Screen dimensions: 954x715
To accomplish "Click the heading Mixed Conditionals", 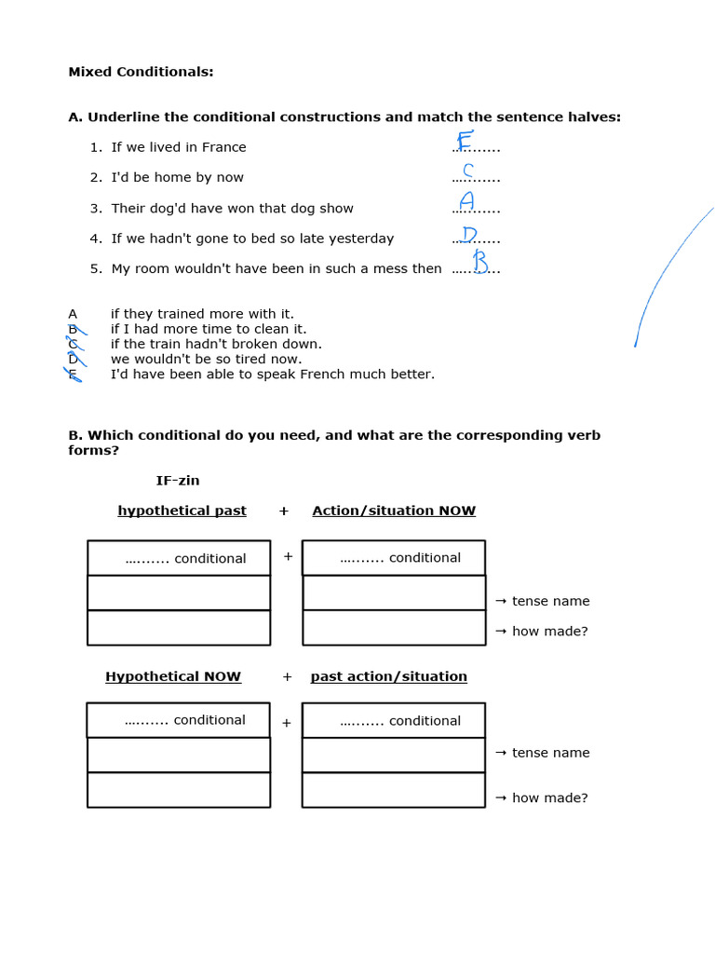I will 141,72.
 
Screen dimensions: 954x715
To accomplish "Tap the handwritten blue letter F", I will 465,141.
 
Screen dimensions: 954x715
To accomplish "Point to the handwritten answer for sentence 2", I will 468,170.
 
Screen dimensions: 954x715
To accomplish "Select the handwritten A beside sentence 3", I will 466,201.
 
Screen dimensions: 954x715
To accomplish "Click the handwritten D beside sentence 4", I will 470,234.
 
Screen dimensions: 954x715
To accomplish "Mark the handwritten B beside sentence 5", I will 480,262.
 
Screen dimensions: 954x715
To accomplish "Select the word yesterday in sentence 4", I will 363,238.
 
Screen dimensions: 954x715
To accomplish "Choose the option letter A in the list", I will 73,314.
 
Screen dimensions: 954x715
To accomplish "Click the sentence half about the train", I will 216,344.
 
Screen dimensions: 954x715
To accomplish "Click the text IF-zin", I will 178,481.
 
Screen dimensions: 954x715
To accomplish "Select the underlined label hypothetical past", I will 182,511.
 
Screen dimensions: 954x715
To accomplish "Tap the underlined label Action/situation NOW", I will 394,511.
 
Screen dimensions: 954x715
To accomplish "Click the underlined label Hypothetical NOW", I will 173,676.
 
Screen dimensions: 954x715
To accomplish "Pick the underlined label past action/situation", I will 389,676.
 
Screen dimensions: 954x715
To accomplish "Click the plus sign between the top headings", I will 284,511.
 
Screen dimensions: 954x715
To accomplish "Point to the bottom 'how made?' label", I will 549,797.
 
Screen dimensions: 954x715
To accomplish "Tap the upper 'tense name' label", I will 550,601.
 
